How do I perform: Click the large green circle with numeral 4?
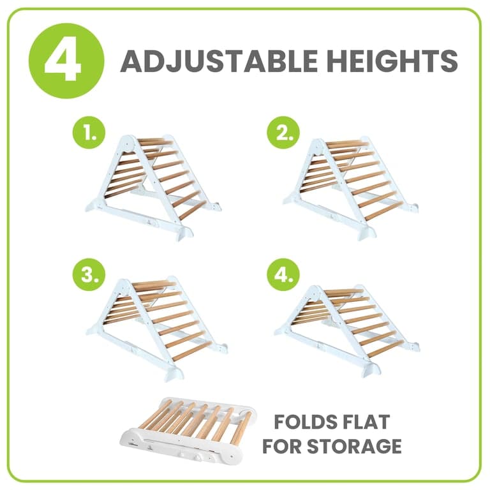click(x=66, y=61)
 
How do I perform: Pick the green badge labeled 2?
click(x=283, y=132)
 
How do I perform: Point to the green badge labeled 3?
click(x=89, y=274)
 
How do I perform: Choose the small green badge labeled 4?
click(x=283, y=274)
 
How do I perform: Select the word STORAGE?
click(x=354, y=446)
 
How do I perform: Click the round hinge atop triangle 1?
click(x=127, y=143)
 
